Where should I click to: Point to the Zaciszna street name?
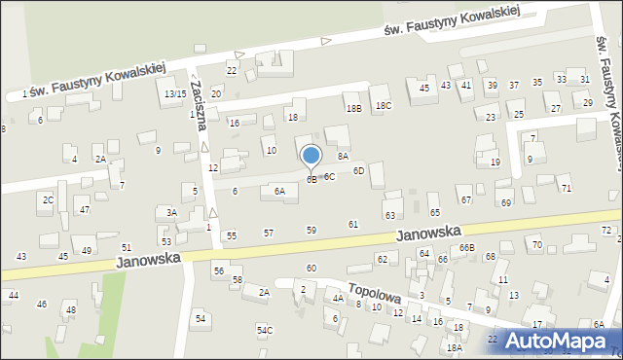pyautogui.click(x=201, y=103)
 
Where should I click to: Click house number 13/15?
pyautogui.click(x=174, y=93)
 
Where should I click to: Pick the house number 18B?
pyautogui.click(x=353, y=109)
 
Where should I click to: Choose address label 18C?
pyautogui.click(x=384, y=105)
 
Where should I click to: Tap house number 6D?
pyautogui.click(x=358, y=171)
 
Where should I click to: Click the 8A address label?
pyautogui.click(x=343, y=156)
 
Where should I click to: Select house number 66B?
pyautogui.click(x=467, y=249)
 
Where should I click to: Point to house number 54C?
pyautogui.click(x=265, y=331)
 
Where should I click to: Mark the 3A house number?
pyautogui.click(x=171, y=212)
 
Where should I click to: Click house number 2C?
pyautogui.click(x=47, y=199)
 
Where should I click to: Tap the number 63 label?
pyautogui.click(x=390, y=215)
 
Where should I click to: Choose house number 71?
pyautogui.click(x=566, y=188)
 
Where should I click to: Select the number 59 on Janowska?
pyautogui.click(x=311, y=231)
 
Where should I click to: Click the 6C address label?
pyautogui.click(x=330, y=177)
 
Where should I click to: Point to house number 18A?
pyautogui.click(x=453, y=347)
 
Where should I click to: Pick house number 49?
pyautogui.click(x=87, y=251)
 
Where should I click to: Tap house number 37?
pyautogui.click(x=514, y=86)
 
